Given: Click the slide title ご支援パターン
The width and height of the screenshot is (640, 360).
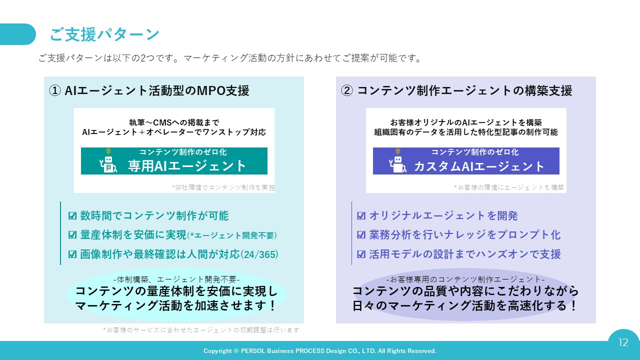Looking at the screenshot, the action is (x=104, y=34).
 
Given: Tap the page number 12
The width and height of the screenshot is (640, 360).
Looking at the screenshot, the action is (x=623, y=342).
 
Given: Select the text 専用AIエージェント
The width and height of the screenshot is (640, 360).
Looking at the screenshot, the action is (x=187, y=166).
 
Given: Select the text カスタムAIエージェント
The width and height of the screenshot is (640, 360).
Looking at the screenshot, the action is (x=479, y=166).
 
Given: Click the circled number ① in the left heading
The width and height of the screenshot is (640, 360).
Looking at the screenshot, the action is (x=55, y=91).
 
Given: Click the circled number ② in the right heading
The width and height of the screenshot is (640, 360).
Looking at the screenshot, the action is (x=347, y=91).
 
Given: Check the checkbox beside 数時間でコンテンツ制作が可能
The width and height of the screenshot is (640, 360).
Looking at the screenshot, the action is (x=72, y=215).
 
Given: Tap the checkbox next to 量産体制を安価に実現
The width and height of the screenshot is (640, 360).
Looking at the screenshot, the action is (x=72, y=235).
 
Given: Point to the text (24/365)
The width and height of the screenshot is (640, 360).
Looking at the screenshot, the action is (x=259, y=254).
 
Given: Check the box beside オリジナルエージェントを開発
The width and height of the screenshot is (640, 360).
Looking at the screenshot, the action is (x=361, y=215).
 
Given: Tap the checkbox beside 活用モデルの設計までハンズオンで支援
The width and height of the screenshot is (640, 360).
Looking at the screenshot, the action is (x=361, y=254).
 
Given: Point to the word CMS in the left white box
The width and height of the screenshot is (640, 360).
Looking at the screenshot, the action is (x=162, y=122).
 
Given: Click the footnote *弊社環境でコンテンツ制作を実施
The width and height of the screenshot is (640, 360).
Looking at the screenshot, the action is (x=223, y=187).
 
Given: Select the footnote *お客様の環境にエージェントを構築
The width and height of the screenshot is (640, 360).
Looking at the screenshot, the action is (x=509, y=187).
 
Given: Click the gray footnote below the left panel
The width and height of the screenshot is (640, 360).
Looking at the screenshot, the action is (x=201, y=330).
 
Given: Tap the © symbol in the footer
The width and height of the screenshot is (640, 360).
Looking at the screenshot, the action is (x=236, y=351).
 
